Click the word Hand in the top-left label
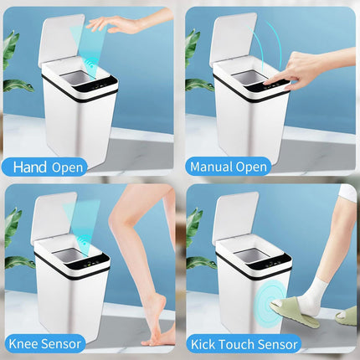30,167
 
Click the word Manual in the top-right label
212,167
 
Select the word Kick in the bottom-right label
203,344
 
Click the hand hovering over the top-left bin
117,23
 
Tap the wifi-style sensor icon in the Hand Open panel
90,64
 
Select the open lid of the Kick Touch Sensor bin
238,217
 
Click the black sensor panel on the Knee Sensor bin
90,263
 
